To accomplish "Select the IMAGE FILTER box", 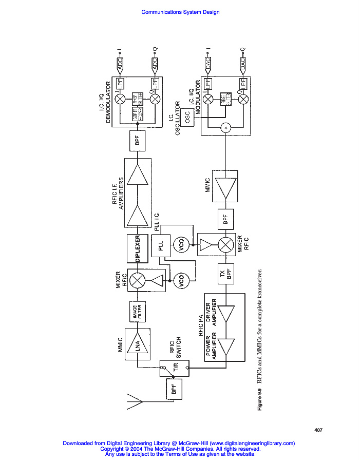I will (x=137, y=312).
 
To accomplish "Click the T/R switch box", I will (x=174, y=368).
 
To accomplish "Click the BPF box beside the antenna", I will (x=174, y=392).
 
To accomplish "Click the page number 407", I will (x=318, y=429).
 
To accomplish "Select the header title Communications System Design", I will (x=180, y=12).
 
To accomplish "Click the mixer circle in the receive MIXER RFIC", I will (x=137, y=280).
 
